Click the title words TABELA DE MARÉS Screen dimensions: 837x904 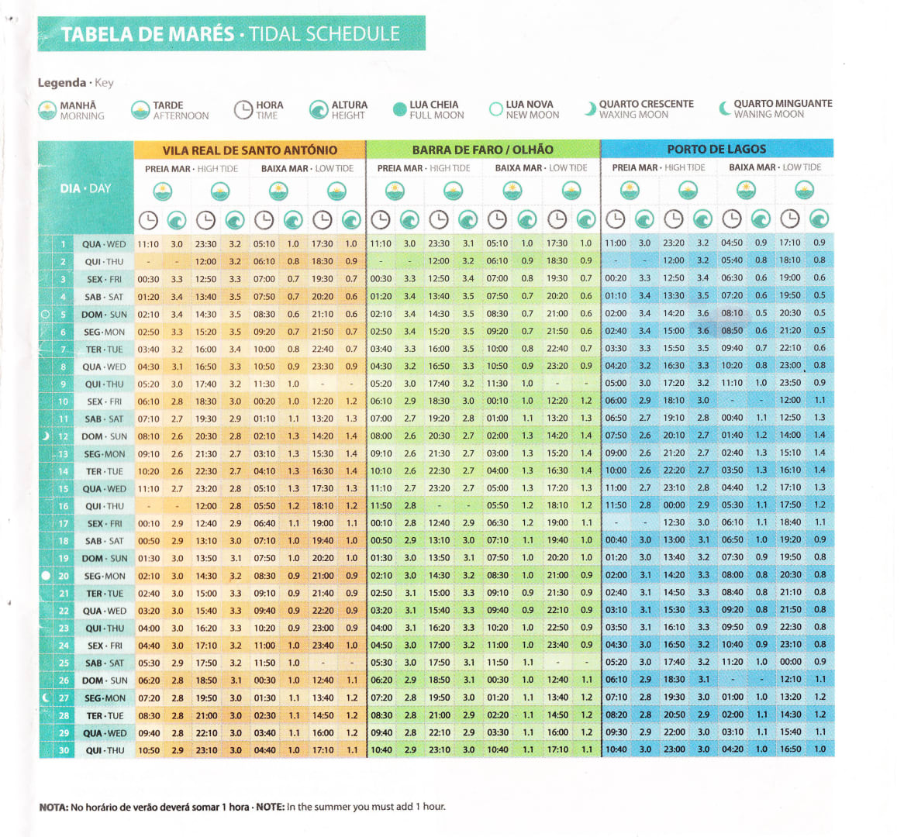[x=147, y=35]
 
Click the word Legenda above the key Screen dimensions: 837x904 [x=62, y=83]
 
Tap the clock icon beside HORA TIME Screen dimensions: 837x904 [x=243, y=110]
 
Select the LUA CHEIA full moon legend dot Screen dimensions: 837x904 [x=399, y=110]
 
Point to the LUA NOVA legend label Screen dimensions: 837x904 [x=531, y=109]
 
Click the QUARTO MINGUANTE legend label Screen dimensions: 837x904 [x=782, y=108]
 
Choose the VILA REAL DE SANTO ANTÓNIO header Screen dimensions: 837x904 [x=250, y=150]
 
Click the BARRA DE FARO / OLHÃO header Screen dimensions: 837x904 [x=482, y=150]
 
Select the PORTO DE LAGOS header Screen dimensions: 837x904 [x=716, y=149]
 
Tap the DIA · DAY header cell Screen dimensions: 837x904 [x=85, y=188]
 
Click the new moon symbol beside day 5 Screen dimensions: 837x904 [x=45, y=314]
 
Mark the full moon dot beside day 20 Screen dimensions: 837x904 [x=45, y=575]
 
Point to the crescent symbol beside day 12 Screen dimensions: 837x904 [x=46, y=436]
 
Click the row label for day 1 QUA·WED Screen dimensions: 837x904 [x=104, y=244]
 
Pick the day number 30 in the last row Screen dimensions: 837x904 [x=64, y=750]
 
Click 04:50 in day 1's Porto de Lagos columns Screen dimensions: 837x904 [x=732, y=243]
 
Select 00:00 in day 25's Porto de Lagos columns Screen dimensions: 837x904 [x=791, y=662]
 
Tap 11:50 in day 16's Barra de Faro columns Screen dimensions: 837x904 [x=381, y=505]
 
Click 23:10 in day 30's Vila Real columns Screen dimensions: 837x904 [x=206, y=750]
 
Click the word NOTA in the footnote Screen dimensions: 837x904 [x=53, y=807]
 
